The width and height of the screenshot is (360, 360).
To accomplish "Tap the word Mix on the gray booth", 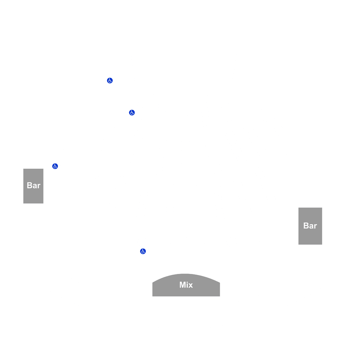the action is coord(186,285).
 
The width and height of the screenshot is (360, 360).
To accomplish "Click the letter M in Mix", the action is coord(182,285).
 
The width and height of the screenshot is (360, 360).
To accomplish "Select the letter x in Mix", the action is coord(191,286).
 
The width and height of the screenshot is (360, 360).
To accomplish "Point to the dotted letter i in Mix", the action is coord(187,285).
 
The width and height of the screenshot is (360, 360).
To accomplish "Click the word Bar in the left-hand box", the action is coord(34,185).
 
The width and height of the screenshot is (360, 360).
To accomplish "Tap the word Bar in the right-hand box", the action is coord(310,226).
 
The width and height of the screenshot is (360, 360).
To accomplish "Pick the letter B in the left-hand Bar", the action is coord(29,185).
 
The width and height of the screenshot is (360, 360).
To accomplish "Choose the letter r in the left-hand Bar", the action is coord(39,186).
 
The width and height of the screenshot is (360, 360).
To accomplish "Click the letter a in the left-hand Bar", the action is coord(35,186).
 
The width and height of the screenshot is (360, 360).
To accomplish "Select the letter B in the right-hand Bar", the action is coord(306,226).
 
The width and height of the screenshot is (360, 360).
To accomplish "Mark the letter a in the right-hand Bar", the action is coord(311,227).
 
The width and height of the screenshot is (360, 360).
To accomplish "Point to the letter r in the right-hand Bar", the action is coord(315,227).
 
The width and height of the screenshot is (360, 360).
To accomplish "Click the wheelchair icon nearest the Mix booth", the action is coord(143,251).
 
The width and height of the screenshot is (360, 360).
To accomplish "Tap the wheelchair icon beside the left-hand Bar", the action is coord(55,166).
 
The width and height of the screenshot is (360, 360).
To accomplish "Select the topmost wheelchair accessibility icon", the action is coord(110,80).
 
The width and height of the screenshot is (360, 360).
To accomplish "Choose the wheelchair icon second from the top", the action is coord(132,112).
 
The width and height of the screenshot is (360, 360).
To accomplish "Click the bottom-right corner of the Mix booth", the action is coord(220,296).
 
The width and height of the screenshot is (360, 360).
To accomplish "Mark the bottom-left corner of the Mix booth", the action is coord(153,296).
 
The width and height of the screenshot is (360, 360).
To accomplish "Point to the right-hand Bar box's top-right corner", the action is coord(322,208).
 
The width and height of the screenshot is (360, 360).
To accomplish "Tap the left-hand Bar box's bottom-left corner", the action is coord(23,203).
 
